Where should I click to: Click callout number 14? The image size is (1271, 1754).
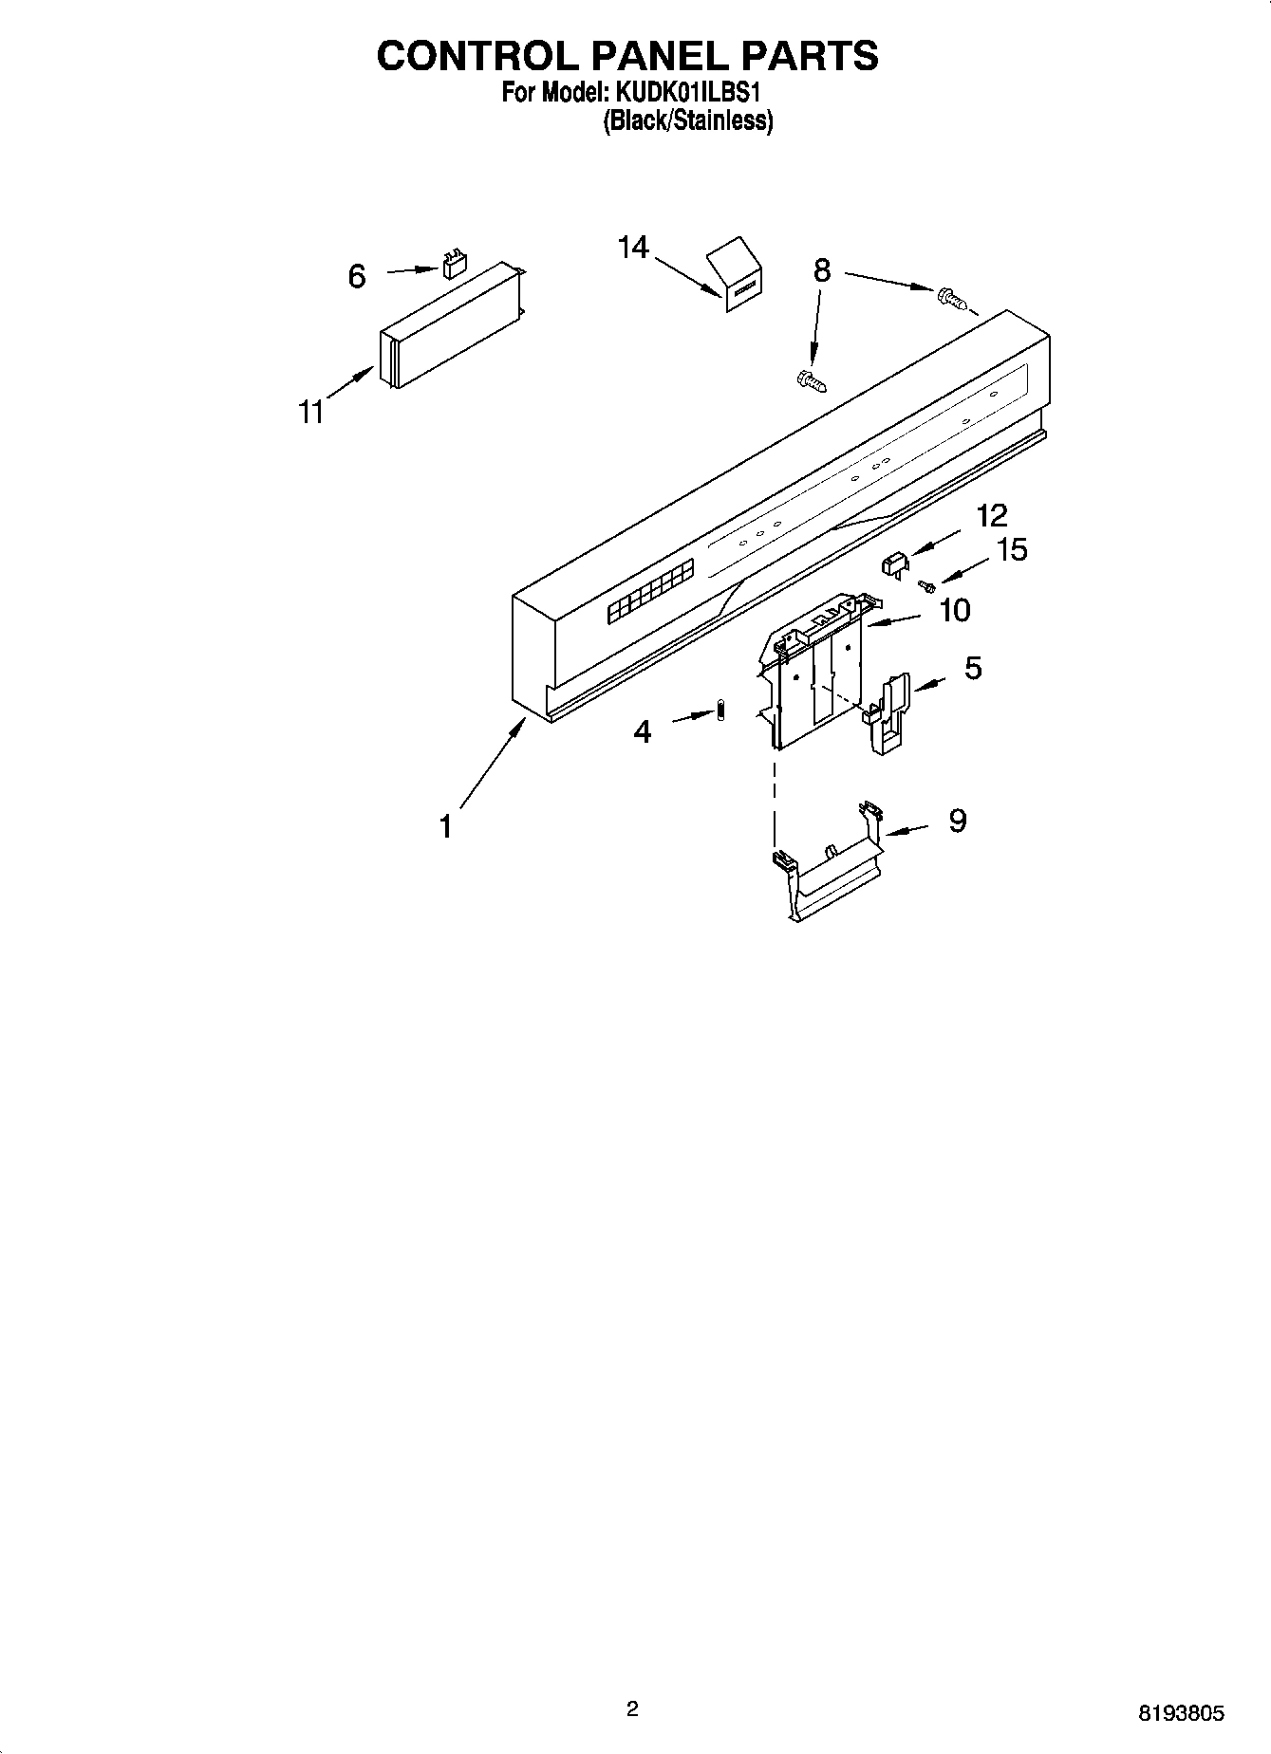[x=632, y=248]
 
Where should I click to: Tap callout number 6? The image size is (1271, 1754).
[x=357, y=276]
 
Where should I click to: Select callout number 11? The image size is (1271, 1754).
[x=311, y=413]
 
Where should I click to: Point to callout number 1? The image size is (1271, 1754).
[x=445, y=827]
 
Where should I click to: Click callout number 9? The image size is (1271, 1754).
[x=957, y=821]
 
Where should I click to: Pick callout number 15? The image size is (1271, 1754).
[x=1013, y=550]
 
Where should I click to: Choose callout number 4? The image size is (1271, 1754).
[x=643, y=731]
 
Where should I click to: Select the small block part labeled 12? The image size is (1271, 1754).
[x=895, y=565]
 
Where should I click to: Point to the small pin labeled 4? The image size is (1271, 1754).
[x=720, y=711]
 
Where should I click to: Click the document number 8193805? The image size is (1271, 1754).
[x=1181, y=1714]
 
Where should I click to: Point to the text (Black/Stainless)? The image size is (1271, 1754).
[x=687, y=121]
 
